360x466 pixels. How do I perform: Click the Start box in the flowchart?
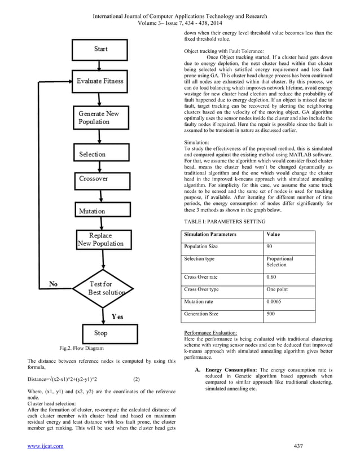point(101,49)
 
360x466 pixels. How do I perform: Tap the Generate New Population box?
point(99,118)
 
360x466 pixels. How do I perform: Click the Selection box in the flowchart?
point(93,153)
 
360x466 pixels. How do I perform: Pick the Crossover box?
point(94,178)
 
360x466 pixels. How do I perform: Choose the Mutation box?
point(92,211)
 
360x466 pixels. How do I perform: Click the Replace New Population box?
point(100,239)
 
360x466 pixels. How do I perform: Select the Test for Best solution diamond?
point(100,288)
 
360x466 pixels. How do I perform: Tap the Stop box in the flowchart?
point(100,333)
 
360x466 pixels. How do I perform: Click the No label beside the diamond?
point(54,284)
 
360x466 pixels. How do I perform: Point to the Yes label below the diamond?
point(117,316)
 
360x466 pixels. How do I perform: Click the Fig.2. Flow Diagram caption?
point(74,349)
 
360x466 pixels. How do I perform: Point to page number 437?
point(298,446)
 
